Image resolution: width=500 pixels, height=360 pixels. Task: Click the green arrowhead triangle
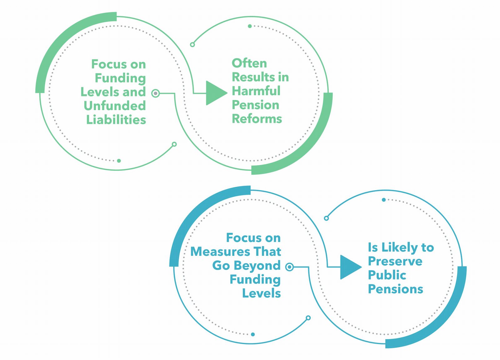point(215,93)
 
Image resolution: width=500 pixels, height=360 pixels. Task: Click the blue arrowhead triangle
point(349,267)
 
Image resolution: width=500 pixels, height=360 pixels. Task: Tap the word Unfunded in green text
point(115,106)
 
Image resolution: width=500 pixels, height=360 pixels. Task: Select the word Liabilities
point(116,119)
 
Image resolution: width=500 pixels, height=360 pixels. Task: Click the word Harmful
point(256,91)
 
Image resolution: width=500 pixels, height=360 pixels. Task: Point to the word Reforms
point(257,119)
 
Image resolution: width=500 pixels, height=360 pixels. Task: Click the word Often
point(249,63)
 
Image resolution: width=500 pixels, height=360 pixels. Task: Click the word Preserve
point(395,261)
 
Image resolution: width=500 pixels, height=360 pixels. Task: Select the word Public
point(387,275)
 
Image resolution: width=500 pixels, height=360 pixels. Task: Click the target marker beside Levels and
point(155,93)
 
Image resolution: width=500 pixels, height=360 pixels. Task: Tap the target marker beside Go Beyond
point(290,267)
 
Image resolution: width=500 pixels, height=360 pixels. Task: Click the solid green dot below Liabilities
point(119,161)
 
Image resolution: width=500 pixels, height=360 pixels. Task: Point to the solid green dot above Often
point(250,26)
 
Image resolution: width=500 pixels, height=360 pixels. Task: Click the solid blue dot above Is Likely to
point(384,200)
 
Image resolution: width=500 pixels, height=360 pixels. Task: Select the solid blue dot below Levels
point(253,334)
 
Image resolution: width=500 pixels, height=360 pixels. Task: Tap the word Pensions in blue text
point(395,289)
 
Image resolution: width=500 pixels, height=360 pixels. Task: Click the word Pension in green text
point(255,105)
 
